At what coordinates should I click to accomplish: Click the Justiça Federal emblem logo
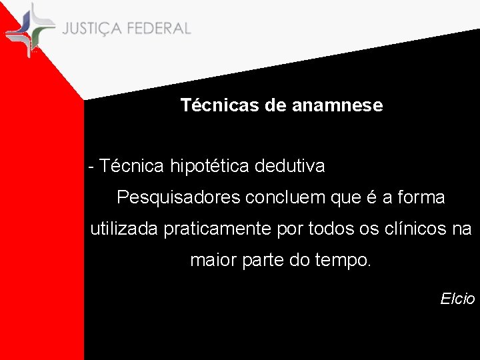pyautogui.click(x=30, y=29)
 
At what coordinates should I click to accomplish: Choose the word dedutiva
pyautogui.click(x=296, y=166)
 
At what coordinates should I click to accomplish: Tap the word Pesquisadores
pyautogui.click(x=178, y=198)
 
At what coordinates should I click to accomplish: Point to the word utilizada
pyautogui.click(x=125, y=229)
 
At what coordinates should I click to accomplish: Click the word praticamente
pyautogui.click(x=216, y=230)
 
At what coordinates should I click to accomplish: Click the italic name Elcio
pyautogui.click(x=457, y=299)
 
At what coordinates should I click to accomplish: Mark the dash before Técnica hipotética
pyautogui.click(x=91, y=167)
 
